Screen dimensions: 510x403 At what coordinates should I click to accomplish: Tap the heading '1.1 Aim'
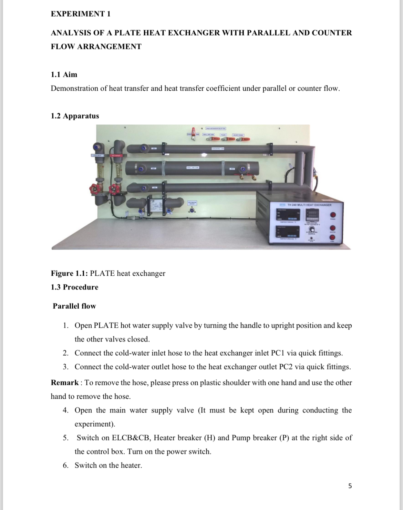(64, 74)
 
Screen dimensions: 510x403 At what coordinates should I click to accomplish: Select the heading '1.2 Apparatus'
(75, 116)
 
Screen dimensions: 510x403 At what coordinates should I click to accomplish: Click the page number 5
(350, 486)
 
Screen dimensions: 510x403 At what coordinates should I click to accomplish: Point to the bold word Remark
(64, 382)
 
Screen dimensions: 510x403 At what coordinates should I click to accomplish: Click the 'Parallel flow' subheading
(74, 306)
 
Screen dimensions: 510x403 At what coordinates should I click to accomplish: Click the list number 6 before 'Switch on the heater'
(65, 465)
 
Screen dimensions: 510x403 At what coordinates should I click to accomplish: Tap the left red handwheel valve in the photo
(94, 190)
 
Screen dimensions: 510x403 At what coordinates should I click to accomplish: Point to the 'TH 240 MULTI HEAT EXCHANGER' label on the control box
(309, 205)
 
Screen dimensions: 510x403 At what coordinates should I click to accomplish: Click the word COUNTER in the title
(332, 33)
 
